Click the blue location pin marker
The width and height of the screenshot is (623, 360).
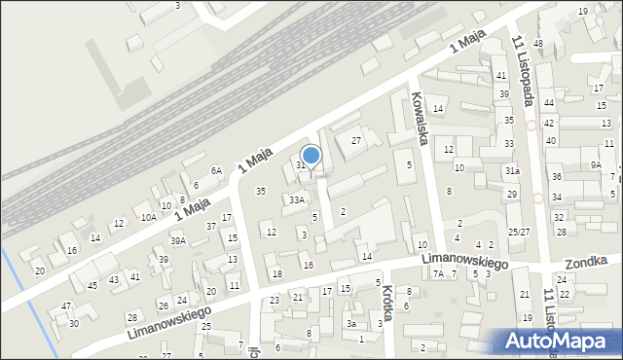click(x=311, y=156)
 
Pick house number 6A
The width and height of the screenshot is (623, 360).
click(x=217, y=170)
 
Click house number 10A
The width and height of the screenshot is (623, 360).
click(x=148, y=218)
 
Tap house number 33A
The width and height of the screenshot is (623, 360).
click(x=296, y=199)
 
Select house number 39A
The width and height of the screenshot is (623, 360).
click(x=177, y=240)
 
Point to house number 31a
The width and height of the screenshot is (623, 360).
click(x=511, y=170)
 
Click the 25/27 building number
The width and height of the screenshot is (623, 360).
click(x=519, y=232)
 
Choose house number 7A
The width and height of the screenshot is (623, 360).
click(x=438, y=273)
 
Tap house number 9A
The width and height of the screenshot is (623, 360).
click(x=596, y=165)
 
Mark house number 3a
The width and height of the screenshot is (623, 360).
click(x=351, y=324)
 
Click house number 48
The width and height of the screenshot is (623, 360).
click(x=537, y=44)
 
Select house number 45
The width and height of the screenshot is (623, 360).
click(x=92, y=285)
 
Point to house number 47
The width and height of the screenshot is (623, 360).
click(x=66, y=306)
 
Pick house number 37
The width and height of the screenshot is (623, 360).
click(x=210, y=226)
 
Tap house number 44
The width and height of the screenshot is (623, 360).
click(x=549, y=102)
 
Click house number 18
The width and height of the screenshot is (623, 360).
click(x=277, y=274)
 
